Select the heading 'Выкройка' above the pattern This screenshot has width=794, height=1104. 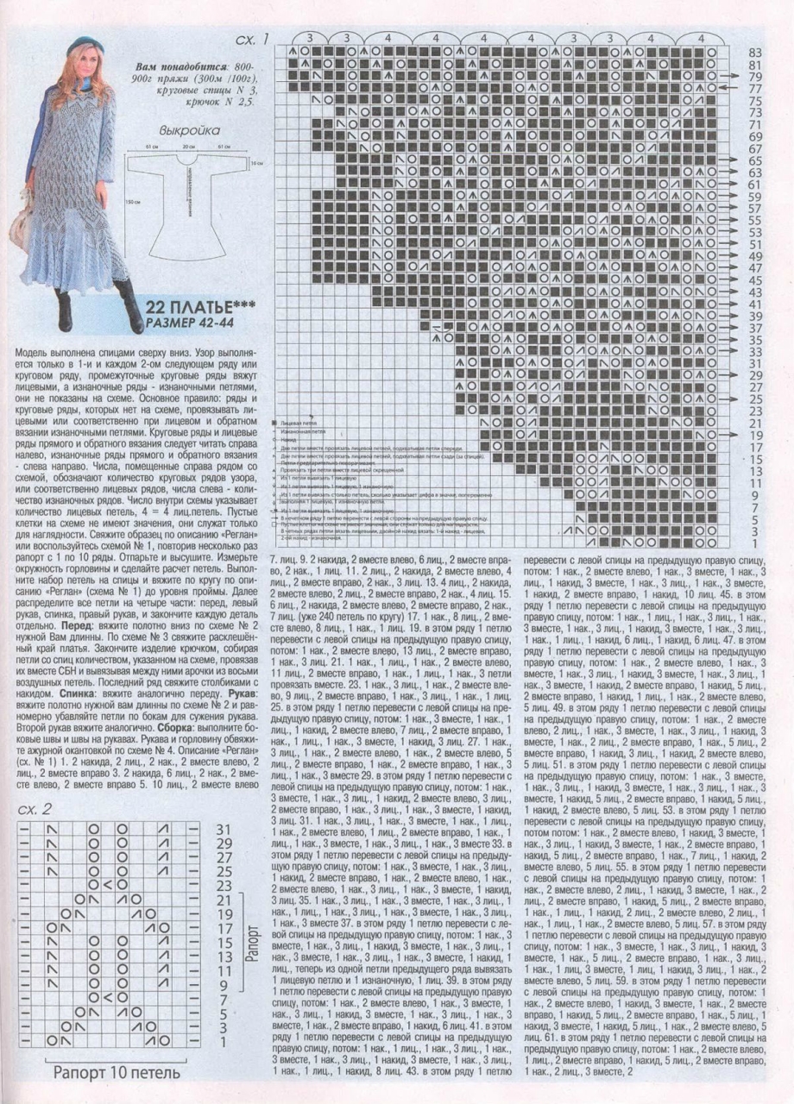pyautogui.click(x=189, y=130)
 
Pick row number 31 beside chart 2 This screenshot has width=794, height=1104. pyautogui.click(x=223, y=829)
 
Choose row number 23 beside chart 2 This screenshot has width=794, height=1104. pyautogui.click(x=223, y=886)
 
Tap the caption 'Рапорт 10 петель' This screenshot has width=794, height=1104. pyautogui.click(x=117, y=1074)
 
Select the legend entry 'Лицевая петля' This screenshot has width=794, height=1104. pyautogui.click(x=299, y=424)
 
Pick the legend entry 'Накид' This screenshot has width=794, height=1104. pyautogui.click(x=289, y=441)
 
